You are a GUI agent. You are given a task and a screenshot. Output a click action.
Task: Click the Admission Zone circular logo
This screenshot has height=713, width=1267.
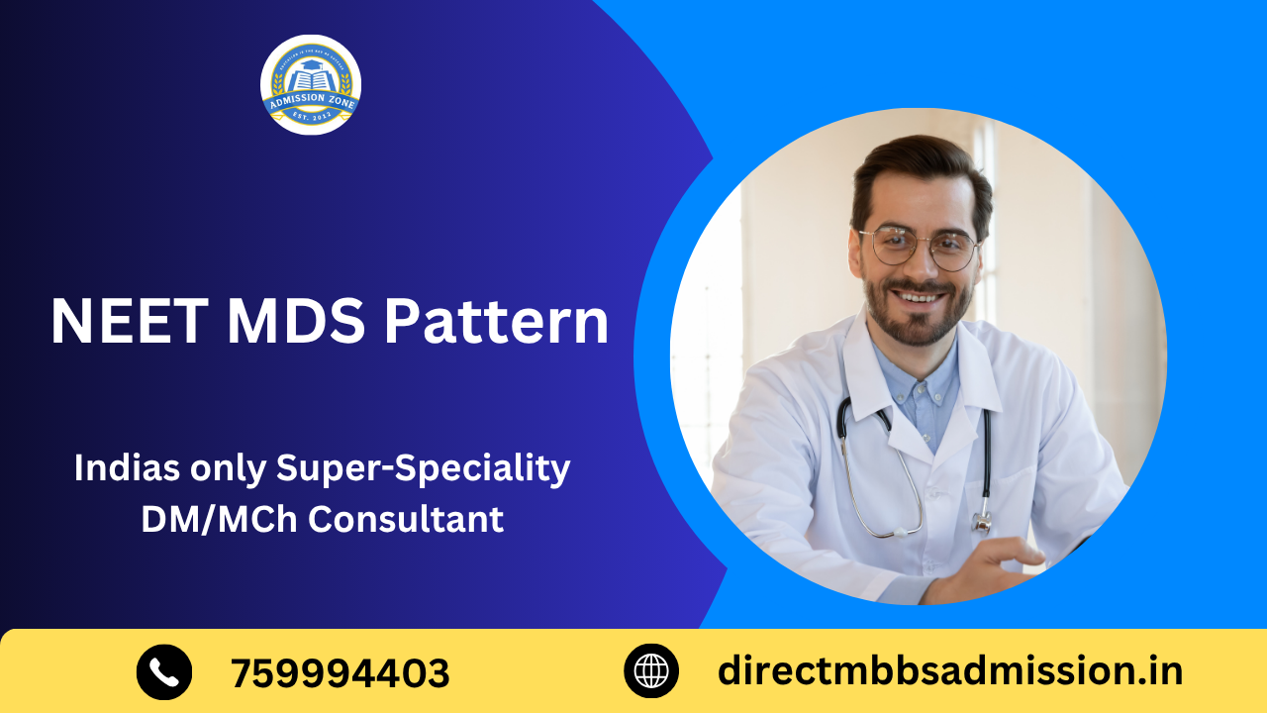click(x=310, y=85)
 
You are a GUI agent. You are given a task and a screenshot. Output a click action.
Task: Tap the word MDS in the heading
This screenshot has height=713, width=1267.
click(x=297, y=321)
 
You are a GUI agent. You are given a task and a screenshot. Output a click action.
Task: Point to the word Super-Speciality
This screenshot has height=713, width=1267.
click(x=423, y=469)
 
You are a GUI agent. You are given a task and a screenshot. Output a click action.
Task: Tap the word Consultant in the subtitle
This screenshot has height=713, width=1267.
click(x=405, y=519)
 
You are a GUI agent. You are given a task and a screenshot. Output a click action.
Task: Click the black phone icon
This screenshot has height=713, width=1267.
click(x=164, y=671)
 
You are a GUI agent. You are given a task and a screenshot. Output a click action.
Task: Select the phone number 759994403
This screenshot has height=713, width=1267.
click(x=340, y=673)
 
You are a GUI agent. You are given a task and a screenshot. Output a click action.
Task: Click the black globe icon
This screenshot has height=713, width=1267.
click(x=651, y=671)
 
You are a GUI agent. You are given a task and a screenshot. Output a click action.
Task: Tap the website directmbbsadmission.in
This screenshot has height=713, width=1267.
click(x=949, y=670)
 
